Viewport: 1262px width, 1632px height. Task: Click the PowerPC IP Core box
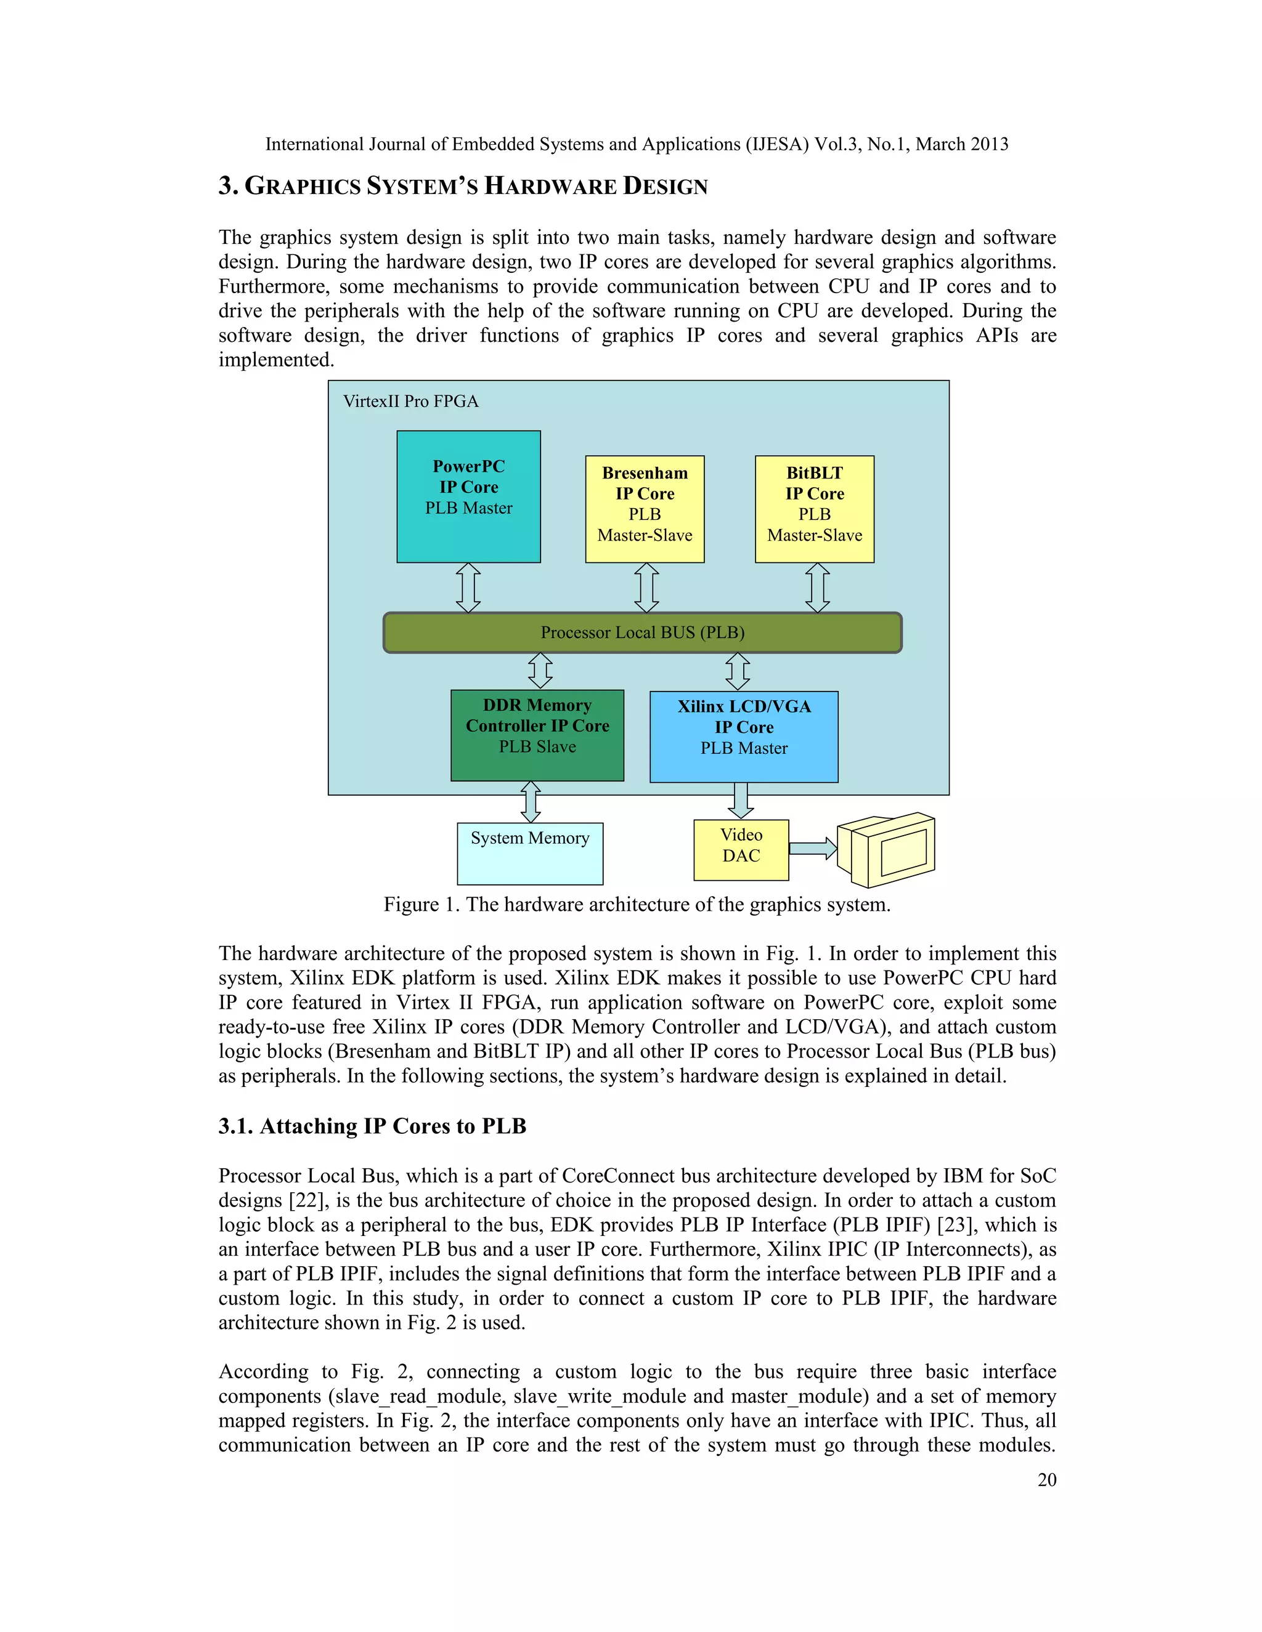[468, 496]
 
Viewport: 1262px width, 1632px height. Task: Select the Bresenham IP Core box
[645, 509]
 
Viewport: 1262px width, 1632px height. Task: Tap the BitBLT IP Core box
[814, 509]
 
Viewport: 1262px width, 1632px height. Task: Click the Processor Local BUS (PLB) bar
[642, 632]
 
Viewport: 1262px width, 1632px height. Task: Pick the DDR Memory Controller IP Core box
[537, 735]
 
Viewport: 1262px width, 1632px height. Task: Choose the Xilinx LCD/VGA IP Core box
[743, 737]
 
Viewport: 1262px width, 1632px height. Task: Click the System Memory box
[529, 854]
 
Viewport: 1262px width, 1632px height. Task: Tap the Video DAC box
[741, 850]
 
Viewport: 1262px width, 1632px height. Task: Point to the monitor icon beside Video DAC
[887, 850]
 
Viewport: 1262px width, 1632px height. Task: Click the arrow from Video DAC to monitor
[813, 848]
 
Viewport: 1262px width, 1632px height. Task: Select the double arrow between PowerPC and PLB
[468, 588]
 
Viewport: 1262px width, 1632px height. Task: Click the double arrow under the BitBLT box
[817, 588]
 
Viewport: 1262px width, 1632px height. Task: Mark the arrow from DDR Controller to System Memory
[530, 802]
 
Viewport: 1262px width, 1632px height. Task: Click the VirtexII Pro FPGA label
[410, 402]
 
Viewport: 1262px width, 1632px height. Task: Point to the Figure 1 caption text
[637, 904]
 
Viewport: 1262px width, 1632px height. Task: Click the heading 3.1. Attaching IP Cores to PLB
[372, 1126]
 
